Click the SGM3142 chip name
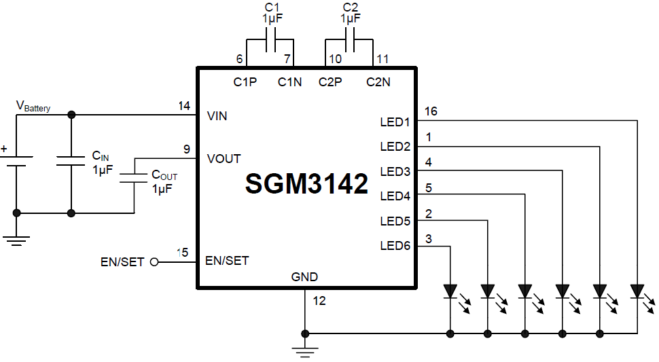click(306, 184)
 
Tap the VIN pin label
click(217, 116)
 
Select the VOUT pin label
click(224, 158)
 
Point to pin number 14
click(183, 106)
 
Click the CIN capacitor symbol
click(71, 161)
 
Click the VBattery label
click(33, 107)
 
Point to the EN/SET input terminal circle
click(154, 261)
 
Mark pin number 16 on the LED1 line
click(430, 111)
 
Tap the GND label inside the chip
click(304, 276)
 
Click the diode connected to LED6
click(450, 291)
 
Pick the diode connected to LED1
click(637, 291)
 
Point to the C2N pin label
click(378, 82)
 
